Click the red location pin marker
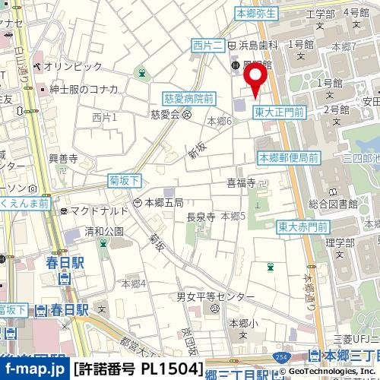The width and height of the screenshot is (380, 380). point(255,78)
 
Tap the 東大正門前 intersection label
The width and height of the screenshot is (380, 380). point(279,112)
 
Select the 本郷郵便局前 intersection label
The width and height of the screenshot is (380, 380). point(289,158)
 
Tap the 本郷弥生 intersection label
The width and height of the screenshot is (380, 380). point(258,13)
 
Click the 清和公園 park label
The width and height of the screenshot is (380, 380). point(104,231)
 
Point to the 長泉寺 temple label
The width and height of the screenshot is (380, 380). point(201,217)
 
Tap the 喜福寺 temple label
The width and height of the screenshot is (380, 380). point(241,182)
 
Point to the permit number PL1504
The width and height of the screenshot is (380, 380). point(139,369)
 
